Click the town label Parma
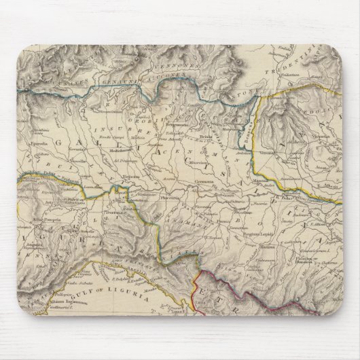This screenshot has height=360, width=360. tap(221, 219)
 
